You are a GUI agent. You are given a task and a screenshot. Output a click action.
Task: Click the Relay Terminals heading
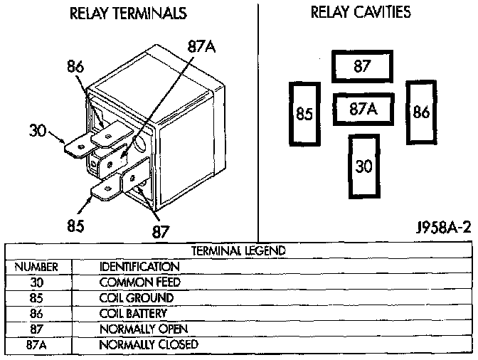point(129,14)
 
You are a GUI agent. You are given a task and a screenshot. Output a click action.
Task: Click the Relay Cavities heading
point(361,13)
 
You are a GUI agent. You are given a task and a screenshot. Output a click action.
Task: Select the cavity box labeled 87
point(362,67)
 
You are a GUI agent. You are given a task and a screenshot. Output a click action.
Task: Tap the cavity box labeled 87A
point(362,110)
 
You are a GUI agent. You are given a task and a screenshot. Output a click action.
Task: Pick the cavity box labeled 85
point(304,113)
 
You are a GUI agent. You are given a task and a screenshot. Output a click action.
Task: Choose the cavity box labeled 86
point(420,112)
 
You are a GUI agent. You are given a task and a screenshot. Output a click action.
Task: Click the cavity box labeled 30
point(363,166)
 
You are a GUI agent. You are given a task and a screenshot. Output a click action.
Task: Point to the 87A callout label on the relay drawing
point(201,47)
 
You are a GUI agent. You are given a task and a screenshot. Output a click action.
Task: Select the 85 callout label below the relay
point(75,226)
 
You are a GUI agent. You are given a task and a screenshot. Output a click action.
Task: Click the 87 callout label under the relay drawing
point(161,231)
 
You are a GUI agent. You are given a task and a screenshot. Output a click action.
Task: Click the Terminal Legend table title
point(238,250)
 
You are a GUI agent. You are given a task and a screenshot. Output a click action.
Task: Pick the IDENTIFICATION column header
point(139,266)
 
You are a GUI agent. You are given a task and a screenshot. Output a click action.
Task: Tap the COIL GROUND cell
point(136,297)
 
